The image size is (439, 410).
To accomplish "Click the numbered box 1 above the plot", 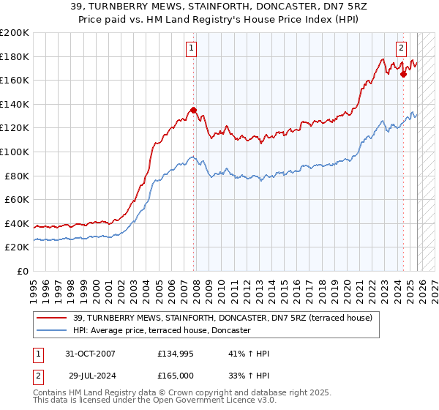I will [191, 49].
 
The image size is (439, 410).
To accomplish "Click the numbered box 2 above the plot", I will [402, 49].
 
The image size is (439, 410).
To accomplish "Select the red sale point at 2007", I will [194, 111].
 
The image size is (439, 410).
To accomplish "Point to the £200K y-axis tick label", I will [15, 33].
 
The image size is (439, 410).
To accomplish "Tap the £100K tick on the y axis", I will [15, 152].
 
